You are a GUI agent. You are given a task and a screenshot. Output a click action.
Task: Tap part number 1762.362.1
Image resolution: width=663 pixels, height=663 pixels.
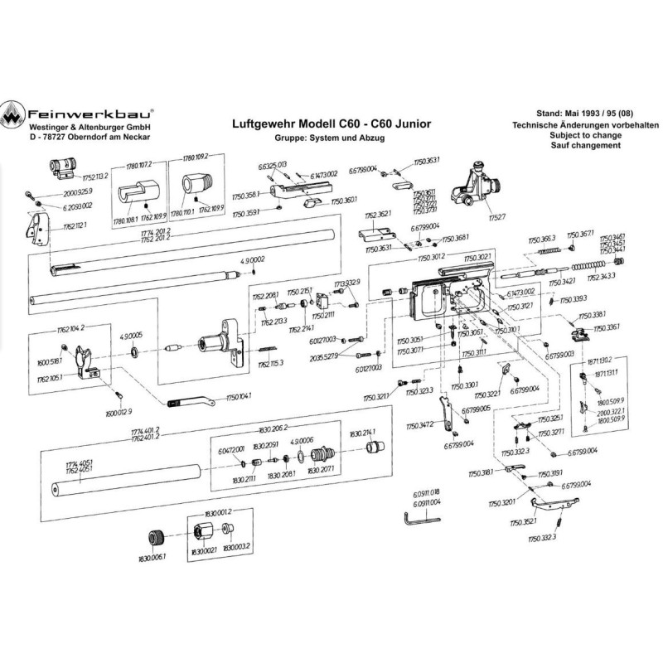pos(376,214)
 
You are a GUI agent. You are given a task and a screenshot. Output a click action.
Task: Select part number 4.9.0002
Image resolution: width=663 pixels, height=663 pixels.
pos(251,261)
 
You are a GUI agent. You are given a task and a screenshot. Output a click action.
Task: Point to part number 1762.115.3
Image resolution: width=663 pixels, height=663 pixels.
pos(270,363)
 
